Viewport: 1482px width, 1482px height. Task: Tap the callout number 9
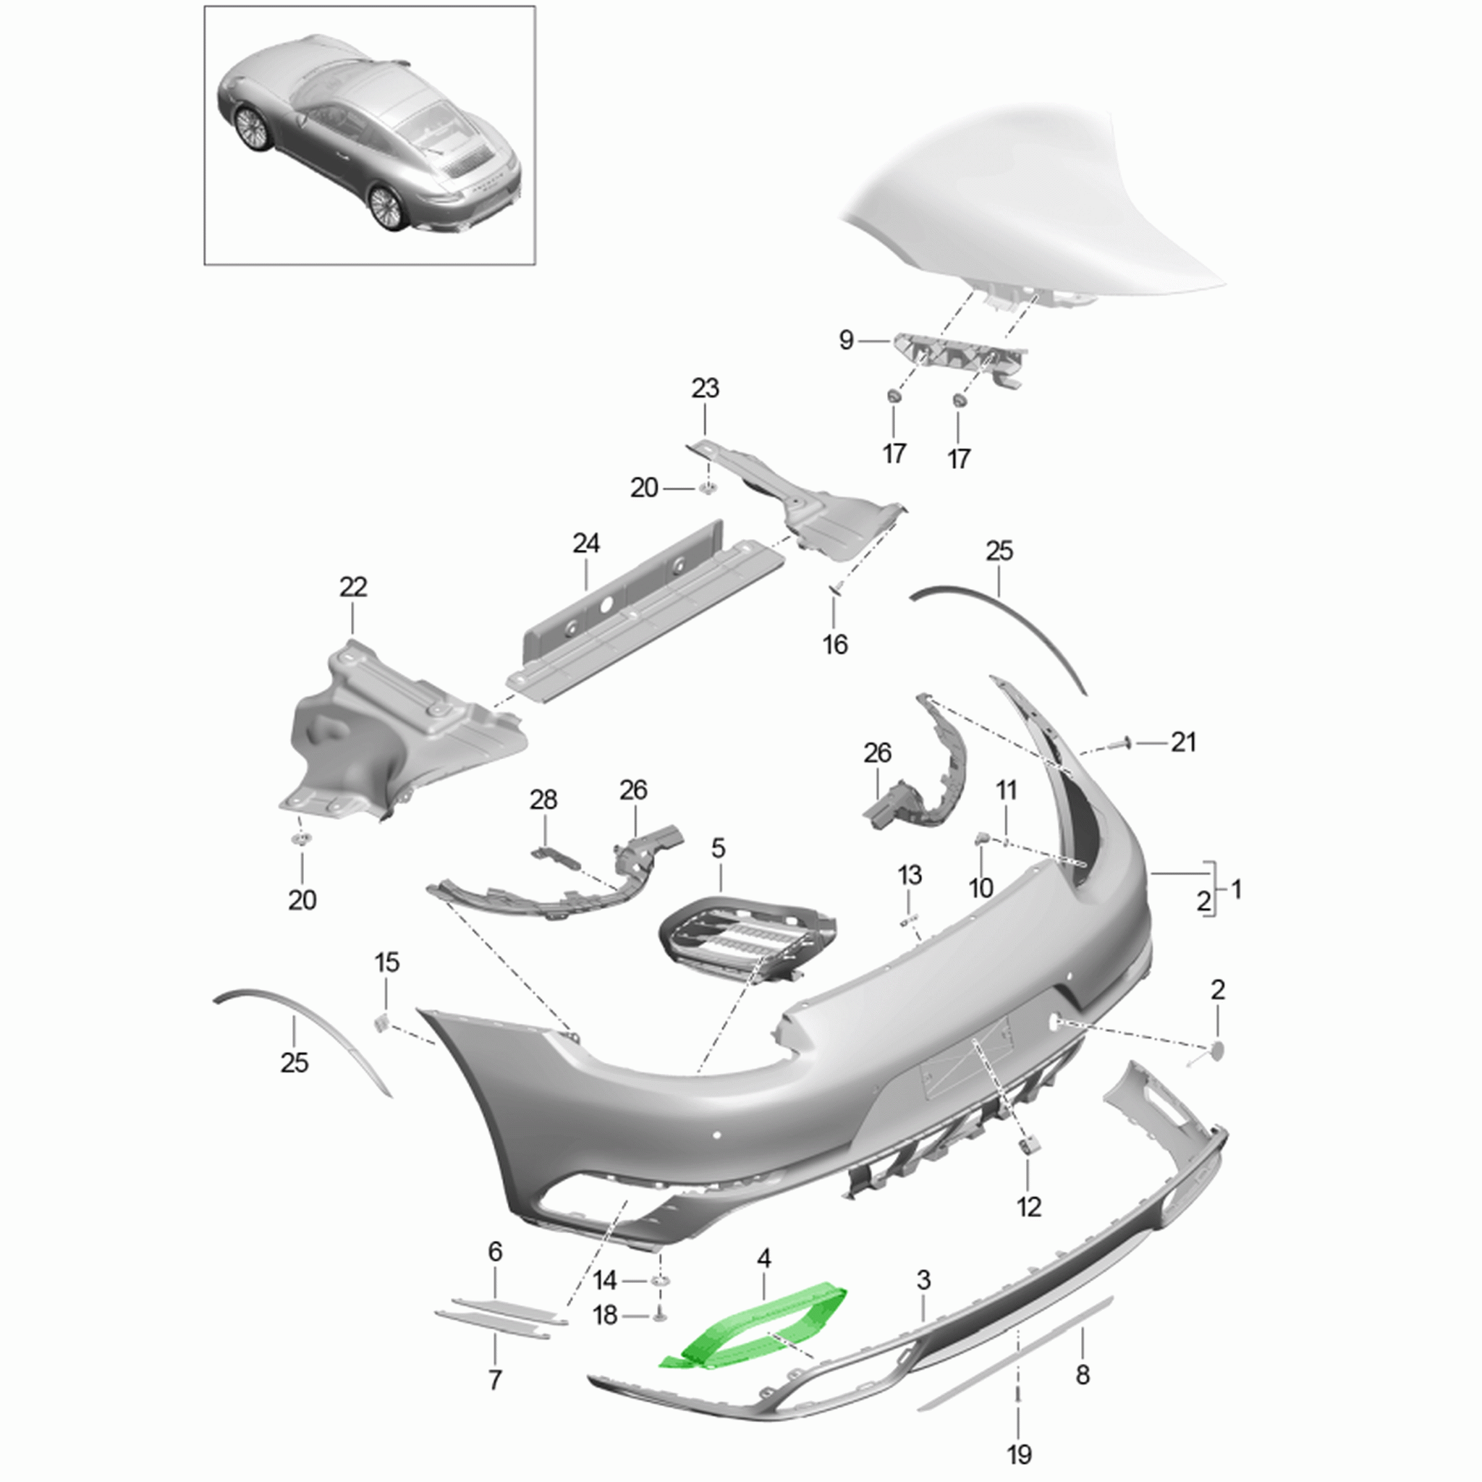[x=846, y=340]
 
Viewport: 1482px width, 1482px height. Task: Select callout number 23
[x=705, y=388]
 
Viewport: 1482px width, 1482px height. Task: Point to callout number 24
[x=586, y=544]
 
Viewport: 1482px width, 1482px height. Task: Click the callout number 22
[x=354, y=588]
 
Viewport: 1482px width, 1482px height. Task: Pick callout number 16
[x=835, y=644]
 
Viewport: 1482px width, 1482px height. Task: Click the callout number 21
[x=1183, y=742]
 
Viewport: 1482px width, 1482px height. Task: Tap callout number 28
[x=544, y=800]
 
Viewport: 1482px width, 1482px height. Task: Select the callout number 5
[x=718, y=848]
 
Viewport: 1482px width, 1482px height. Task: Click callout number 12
[x=1029, y=1206]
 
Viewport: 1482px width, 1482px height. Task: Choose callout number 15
[x=387, y=962]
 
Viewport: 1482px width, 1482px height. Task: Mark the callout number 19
[x=1020, y=1454]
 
